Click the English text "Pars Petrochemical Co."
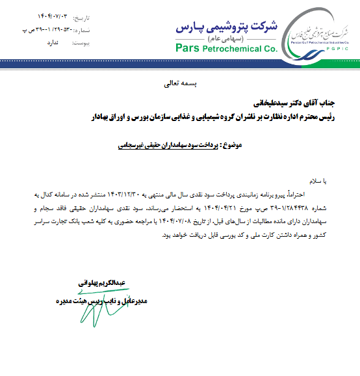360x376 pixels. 226,48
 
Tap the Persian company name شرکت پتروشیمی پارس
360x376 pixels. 226,27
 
